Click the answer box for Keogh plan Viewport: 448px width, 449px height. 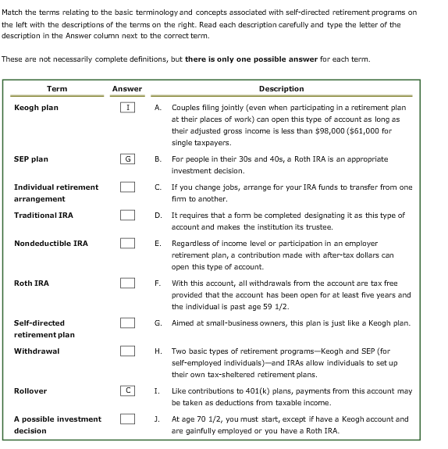tap(126, 107)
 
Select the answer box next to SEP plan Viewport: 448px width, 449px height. tap(126, 159)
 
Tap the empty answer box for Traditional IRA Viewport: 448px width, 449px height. tap(126, 215)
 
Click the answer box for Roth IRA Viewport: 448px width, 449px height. tap(126, 283)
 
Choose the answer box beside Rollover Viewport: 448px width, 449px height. tap(126, 390)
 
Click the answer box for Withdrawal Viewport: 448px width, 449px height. tap(126, 351)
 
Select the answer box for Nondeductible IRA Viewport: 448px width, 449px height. tap(126, 243)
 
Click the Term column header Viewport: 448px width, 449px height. tap(57, 89)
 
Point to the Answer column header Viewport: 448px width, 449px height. tap(126, 89)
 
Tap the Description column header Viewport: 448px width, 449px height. tap(281, 89)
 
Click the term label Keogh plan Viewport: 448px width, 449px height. tap(36, 107)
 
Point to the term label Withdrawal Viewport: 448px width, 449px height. tap(37, 351)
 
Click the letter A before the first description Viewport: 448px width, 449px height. tap(158, 107)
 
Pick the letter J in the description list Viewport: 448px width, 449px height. tap(158, 419)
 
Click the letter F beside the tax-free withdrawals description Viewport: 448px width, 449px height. tap(158, 283)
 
